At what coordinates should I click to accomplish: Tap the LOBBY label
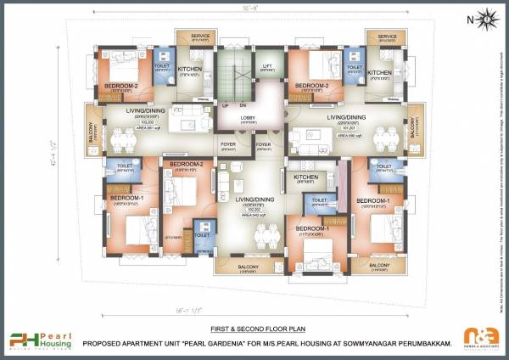click(248, 117)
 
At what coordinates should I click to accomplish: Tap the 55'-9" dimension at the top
click(251, 8)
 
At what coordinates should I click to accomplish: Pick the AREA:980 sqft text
click(349, 134)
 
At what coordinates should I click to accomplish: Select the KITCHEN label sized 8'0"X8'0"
click(305, 177)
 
